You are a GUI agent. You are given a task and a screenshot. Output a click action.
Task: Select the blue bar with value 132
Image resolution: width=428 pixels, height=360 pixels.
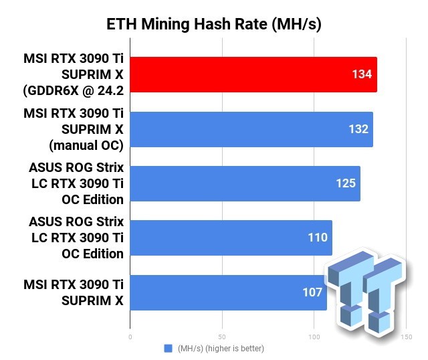pyautogui.click(x=251, y=128)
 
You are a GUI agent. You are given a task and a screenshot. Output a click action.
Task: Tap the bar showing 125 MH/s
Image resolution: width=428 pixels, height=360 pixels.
pyautogui.click(x=245, y=183)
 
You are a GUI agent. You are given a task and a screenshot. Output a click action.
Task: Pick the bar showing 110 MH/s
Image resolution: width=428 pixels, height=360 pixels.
pyautogui.click(x=231, y=238)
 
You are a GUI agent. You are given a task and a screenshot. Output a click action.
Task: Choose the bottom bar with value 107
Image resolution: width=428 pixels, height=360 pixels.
pyautogui.click(x=227, y=292)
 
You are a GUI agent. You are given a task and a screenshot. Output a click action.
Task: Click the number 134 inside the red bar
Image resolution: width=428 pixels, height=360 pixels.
pyautogui.click(x=361, y=74)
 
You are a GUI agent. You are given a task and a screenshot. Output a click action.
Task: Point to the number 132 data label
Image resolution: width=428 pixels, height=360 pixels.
pyautogui.click(x=358, y=128)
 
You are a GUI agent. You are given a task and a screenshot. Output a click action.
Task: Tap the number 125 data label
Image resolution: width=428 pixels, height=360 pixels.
pyautogui.click(x=346, y=183)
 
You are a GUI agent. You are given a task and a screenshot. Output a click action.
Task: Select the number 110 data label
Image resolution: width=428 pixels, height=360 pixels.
pyautogui.click(x=318, y=238)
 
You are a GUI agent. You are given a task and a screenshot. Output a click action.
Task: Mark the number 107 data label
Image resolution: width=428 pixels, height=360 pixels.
pyautogui.click(x=312, y=292)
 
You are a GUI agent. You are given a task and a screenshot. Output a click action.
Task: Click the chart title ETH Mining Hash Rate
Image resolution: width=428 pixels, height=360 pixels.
pyautogui.click(x=214, y=25)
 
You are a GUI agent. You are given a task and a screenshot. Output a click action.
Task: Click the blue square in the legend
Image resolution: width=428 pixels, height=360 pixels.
pyautogui.click(x=168, y=349)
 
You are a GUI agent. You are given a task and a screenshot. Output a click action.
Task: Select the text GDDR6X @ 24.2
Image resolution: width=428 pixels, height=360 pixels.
pyautogui.click(x=75, y=90)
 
